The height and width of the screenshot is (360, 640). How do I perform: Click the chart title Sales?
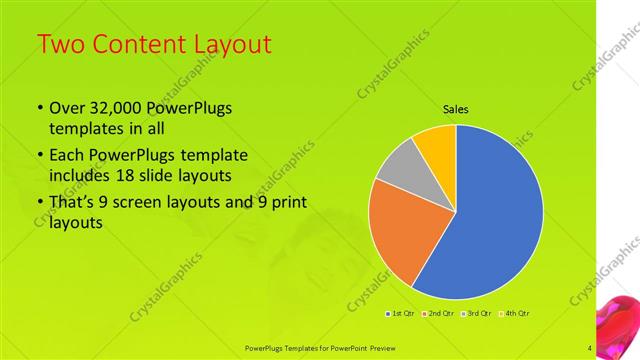(x=455, y=109)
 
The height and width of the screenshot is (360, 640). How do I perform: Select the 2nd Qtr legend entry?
(x=439, y=313)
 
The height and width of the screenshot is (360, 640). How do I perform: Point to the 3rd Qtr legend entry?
(x=475, y=313)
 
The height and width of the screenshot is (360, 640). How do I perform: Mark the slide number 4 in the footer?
(x=590, y=348)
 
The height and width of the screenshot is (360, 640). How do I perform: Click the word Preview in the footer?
(x=376, y=348)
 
